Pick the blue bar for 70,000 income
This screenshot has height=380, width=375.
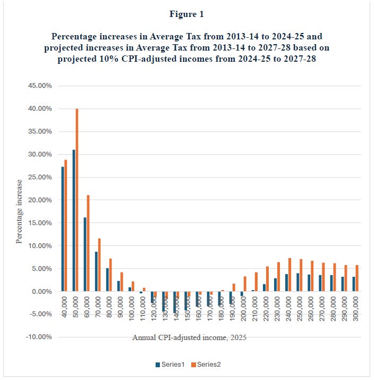coord(96,271)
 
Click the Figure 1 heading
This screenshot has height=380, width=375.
coord(187,14)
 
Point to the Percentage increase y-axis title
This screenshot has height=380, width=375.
coord(19,211)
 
